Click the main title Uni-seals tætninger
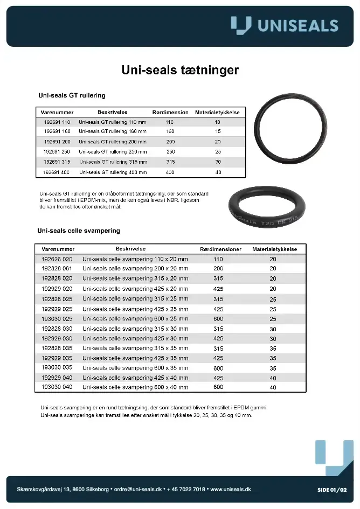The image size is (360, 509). coord(180,71)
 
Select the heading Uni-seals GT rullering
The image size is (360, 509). coord(72,95)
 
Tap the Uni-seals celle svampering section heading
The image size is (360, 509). coord(79,231)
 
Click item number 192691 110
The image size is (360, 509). coord(57,122)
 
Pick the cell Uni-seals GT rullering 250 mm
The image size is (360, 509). coord(113,152)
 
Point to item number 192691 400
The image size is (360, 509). coord(57,172)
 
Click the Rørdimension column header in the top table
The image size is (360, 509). coord(170,113)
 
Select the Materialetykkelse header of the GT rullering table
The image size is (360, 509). coord(217,113)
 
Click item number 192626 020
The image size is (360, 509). coord(57,259)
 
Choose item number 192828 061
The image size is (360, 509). coord(57,268)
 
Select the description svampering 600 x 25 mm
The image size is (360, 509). coord(135,319)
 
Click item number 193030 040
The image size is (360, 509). coord(57,387)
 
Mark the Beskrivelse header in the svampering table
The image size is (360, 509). coord(131,249)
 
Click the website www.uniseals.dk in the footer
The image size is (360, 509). coord(231,489)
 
